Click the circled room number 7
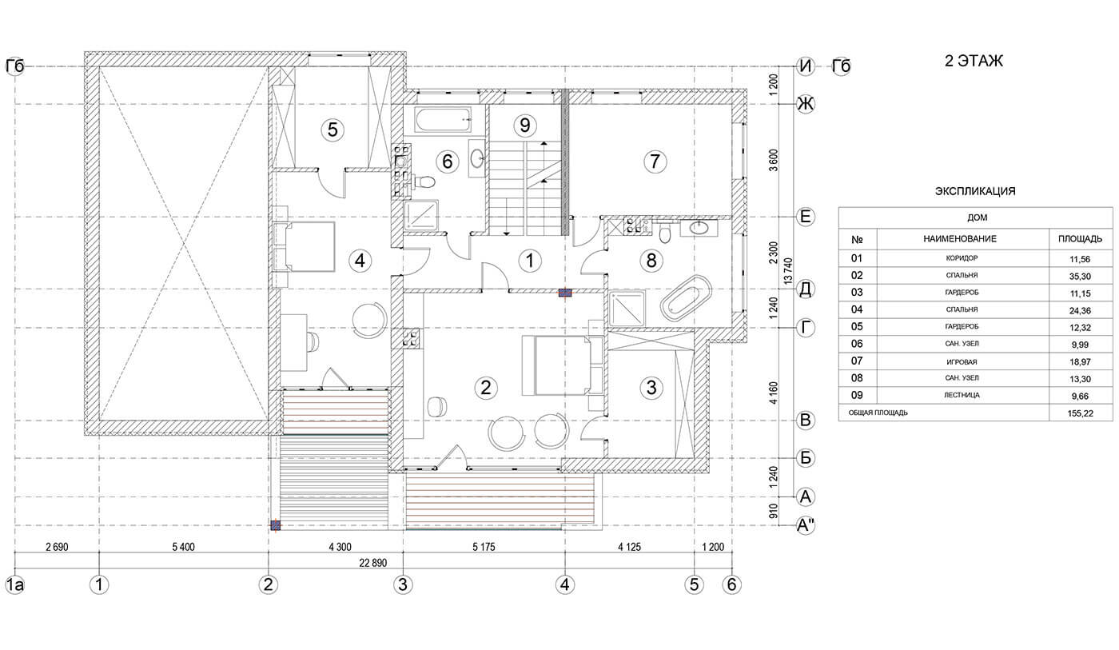click(655, 162)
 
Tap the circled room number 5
click(333, 130)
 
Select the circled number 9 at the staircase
click(524, 125)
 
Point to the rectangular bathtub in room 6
click(442, 120)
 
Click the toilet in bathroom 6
click(424, 181)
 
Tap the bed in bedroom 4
click(305, 246)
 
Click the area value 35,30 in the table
click(1080, 277)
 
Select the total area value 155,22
click(1080, 413)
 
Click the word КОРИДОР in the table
click(962, 258)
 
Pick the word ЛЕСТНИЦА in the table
click(962, 395)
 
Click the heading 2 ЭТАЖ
click(974, 61)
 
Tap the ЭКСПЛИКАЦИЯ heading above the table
click(975, 191)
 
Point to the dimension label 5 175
click(484, 547)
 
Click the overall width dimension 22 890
click(372, 563)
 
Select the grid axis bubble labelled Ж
click(806, 105)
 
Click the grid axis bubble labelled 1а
click(14, 584)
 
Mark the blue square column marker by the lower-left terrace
click(275, 525)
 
